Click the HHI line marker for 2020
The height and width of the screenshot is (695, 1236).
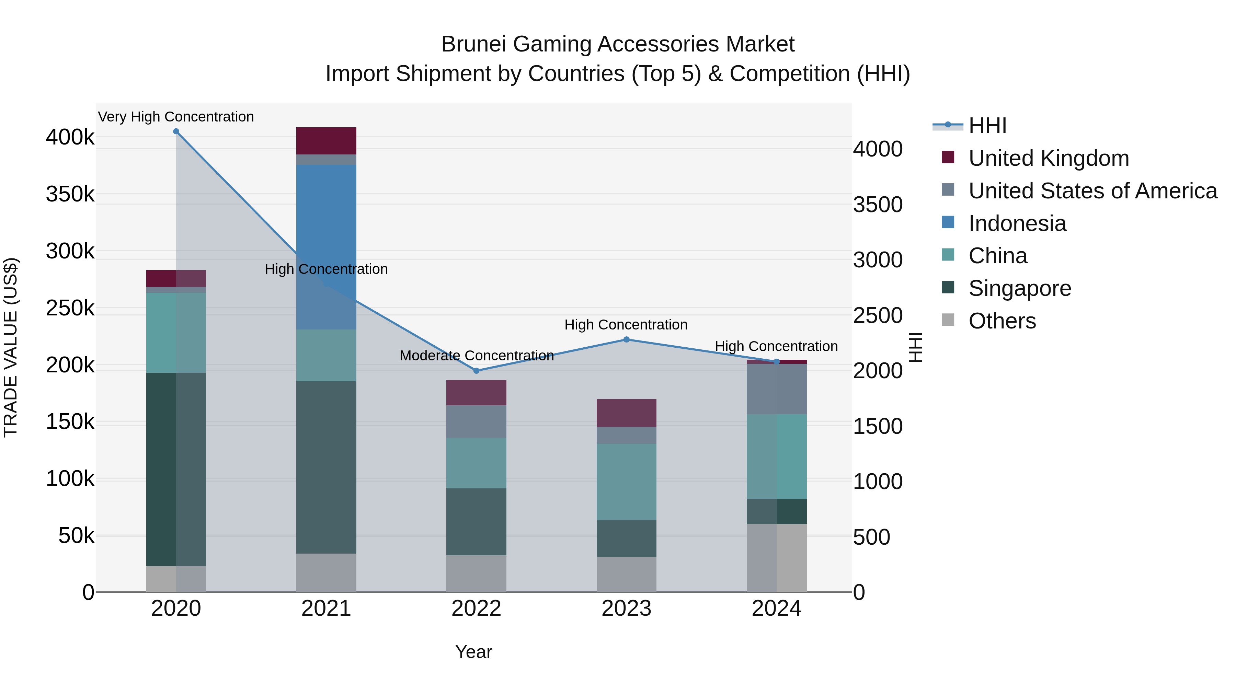pos(176,131)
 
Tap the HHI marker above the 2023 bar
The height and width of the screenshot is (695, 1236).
pos(626,339)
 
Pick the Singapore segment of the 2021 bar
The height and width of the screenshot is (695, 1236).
pos(326,468)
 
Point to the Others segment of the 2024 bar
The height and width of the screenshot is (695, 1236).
pos(776,558)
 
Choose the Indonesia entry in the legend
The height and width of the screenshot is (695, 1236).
pos(1017,223)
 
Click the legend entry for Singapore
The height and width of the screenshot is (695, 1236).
pos(1020,288)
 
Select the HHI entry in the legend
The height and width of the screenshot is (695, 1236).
pos(987,126)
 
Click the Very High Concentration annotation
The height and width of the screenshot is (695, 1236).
pos(176,117)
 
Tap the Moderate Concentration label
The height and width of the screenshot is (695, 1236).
pos(477,356)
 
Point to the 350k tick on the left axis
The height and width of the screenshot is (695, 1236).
pos(70,194)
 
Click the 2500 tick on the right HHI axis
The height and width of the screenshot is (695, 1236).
pos(878,316)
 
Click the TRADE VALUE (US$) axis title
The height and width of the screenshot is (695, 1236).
pos(11,347)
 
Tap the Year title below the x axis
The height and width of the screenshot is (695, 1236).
pos(473,652)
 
